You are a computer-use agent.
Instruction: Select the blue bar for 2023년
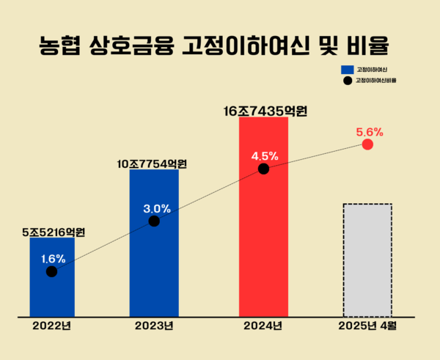click(154, 264)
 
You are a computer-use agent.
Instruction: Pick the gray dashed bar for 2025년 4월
click(367, 260)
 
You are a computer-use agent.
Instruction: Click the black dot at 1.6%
click(51, 272)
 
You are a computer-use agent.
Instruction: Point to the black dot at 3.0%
click(154, 221)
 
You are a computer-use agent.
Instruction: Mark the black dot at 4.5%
click(264, 169)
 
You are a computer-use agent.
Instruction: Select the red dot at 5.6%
click(368, 144)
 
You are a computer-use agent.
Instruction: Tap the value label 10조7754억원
click(153, 164)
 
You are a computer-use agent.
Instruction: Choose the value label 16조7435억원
click(265, 111)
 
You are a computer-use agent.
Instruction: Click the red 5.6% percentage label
click(370, 132)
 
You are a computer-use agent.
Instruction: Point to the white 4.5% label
click(264, 155)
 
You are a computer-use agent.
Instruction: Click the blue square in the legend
click(347, 69)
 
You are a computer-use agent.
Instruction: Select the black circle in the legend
click(347, 80)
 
